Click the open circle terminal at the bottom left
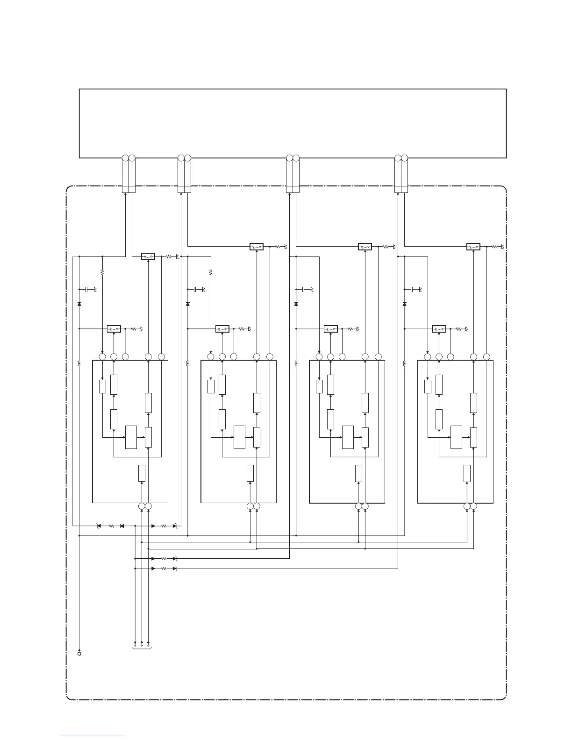pyautogui.click(x=79, y=654)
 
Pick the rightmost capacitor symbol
pyautogui.click(x=413, y=290)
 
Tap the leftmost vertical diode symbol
pyautogui.click(x=79, y=304)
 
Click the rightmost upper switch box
pyautogui.click(x=473, y=247)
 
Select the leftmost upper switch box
pyautogui.click(x=148, y=256)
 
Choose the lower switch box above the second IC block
pyautogui.click(x=222, y=329)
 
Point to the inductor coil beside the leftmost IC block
pyautogui.click(x=79, y=363)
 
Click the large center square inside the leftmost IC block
pyautogui.click(x=131, y=437)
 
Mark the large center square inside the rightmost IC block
pyautogui.click(x=457, y=437)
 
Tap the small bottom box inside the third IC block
pyautogui.click(x=359, y=473)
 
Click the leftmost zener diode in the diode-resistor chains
pyautogui.click(x=99, y=526)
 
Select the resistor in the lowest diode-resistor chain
pyautogui.click(x=164, y=569)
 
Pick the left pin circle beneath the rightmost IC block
pyautogui.click(x=467, y=506)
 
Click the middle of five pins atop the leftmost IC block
pyautogui.click(x=125, y=357)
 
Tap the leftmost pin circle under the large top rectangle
pyautogui.click(x=125, y=158)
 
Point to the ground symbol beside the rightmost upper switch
pyautogui.click(x=502, y=247)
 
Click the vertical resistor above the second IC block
pyautogui.click(x=211, y=271)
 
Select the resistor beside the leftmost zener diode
pyautogui.click(x=111, y=526)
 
